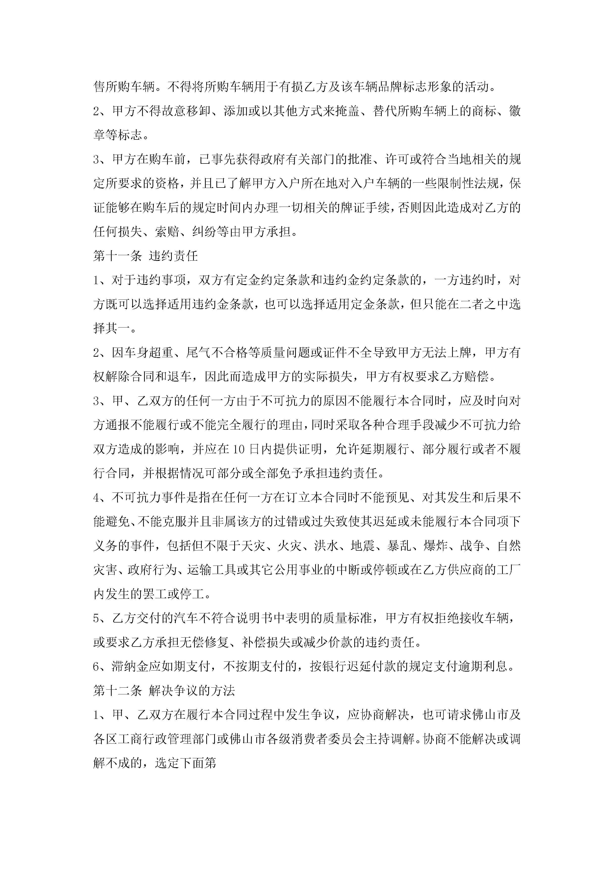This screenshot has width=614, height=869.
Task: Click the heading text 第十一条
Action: (117, 256)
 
